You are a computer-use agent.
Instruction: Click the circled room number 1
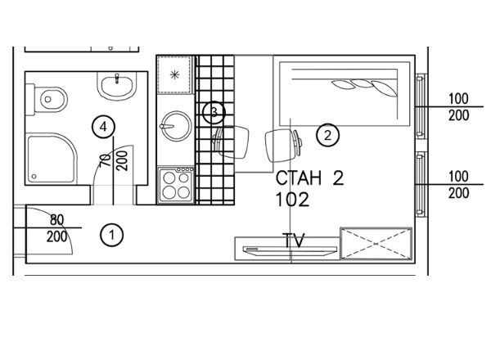112,235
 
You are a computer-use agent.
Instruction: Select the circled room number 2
327,136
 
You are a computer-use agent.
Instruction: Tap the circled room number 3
214,112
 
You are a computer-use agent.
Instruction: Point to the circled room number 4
104,127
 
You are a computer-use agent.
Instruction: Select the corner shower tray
52,159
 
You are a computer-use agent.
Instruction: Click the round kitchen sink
176,126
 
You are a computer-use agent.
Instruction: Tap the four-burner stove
176,186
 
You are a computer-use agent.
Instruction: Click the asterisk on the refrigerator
174,74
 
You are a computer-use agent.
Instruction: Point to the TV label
293,240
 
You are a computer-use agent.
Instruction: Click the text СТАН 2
309,178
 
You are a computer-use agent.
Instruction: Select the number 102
292,200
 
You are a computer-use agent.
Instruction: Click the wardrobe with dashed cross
376,244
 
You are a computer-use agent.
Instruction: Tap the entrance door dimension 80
56,220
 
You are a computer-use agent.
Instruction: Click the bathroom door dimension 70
106,160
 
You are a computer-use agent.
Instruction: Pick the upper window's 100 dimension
458,99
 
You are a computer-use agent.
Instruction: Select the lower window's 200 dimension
459,193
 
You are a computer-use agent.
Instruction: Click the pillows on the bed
364,88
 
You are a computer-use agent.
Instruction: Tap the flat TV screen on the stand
290,250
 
